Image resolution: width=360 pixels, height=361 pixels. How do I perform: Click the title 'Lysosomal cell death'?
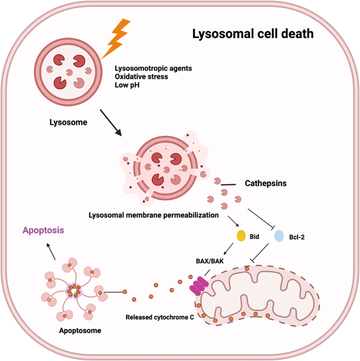pos(253,35)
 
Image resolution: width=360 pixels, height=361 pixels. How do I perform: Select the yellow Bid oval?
pos(241,235)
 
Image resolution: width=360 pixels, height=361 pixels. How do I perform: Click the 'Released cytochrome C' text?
pos(156,318)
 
